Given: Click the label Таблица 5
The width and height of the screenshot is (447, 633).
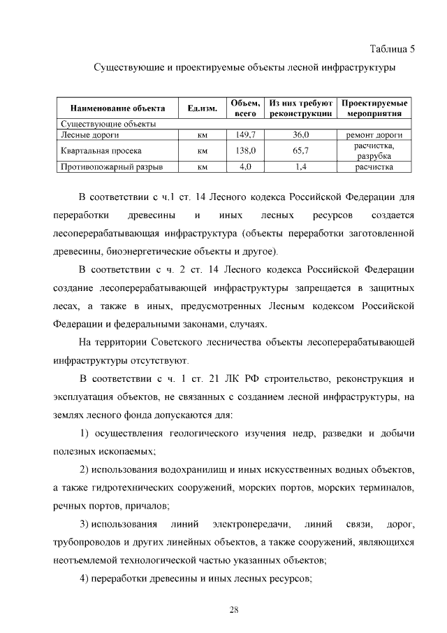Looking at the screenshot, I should point(391,49).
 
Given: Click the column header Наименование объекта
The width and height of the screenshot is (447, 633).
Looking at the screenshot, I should point(117,108).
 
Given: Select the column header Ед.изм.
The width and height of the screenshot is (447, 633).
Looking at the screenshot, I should point(203,108).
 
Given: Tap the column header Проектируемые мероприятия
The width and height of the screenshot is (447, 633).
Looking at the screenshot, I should point(374,108).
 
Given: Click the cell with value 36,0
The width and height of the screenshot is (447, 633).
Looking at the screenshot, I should point(302,134).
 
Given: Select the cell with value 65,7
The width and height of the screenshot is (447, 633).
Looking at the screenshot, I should point(302,150).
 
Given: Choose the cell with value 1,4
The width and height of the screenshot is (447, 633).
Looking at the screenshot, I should point(302,167).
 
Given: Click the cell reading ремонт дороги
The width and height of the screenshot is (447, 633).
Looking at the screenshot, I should point(374,134).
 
